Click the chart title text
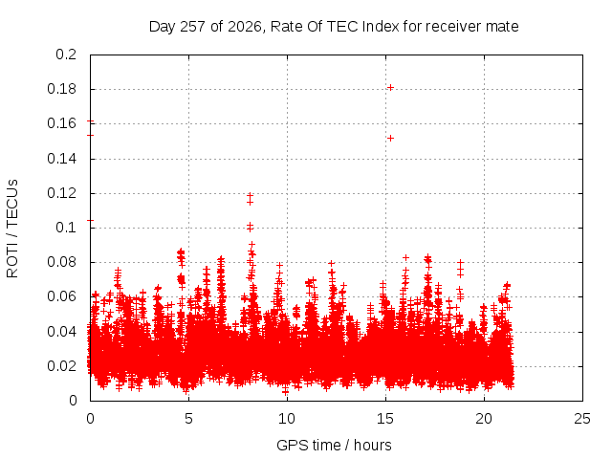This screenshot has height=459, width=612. pos(334,27)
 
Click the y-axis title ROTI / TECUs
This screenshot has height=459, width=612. pos(12,229)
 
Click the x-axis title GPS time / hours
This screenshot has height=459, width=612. pos(334,445)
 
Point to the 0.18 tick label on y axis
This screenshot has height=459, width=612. pos(61,89)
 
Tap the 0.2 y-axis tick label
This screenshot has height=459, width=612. pos(66,55)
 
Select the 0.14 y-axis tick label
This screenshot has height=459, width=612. pos(61,159)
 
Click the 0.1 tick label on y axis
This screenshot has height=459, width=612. pos(66,228)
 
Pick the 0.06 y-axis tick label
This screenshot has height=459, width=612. pos(61,296)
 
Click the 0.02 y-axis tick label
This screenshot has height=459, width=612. pos(61,366)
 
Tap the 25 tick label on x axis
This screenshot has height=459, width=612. pos(582,419)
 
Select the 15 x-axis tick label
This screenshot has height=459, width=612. pos(385,419)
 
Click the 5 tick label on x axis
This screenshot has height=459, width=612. pos(189,419)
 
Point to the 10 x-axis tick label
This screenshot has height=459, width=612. pos(287,419)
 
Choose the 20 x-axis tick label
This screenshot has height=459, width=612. pos(484,419)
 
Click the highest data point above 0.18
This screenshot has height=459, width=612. pos(390,87)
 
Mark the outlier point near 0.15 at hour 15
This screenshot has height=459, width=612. pos(390,138)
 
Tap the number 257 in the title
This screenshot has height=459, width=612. pos(193,27)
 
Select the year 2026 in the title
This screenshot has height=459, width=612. pos(245,27)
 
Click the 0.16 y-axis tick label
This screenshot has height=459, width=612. pos(61,123)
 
